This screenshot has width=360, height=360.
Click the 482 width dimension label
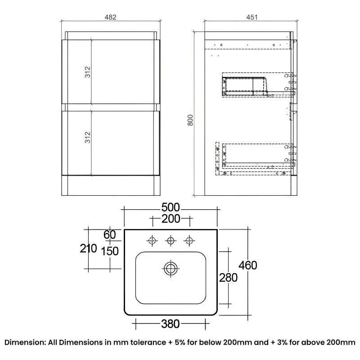111,18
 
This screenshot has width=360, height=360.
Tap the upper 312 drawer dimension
88,72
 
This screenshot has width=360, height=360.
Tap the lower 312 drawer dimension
88,137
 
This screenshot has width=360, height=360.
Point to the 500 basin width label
171,207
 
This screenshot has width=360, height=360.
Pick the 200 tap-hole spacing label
171,219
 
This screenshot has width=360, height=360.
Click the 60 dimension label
109,234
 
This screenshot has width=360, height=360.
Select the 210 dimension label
89,248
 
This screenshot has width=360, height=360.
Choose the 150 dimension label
110,251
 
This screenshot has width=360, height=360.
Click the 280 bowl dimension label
228,278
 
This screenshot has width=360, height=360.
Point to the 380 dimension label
171,324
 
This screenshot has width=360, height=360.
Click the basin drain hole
171,269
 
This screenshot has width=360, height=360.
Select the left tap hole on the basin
152,241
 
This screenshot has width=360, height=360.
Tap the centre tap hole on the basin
171,241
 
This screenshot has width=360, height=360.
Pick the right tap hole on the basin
189,241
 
